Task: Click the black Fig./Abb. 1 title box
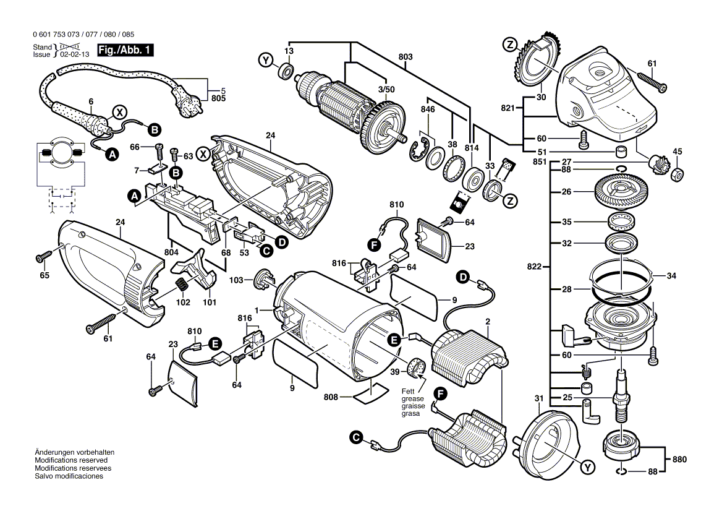pos(125,49)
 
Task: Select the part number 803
pos(406,57)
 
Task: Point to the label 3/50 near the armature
pos(386,89)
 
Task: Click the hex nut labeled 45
pos(677,174)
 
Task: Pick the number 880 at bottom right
pos(679,459)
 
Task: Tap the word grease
pos(412,398)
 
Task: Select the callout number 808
pos(331,397)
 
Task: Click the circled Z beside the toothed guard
pos(510,45)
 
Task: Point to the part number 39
pos(394,372)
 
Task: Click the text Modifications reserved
pos(71,460)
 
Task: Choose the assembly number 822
pos(535,267)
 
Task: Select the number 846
pos(428,109)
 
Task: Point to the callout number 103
pos(236,280)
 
